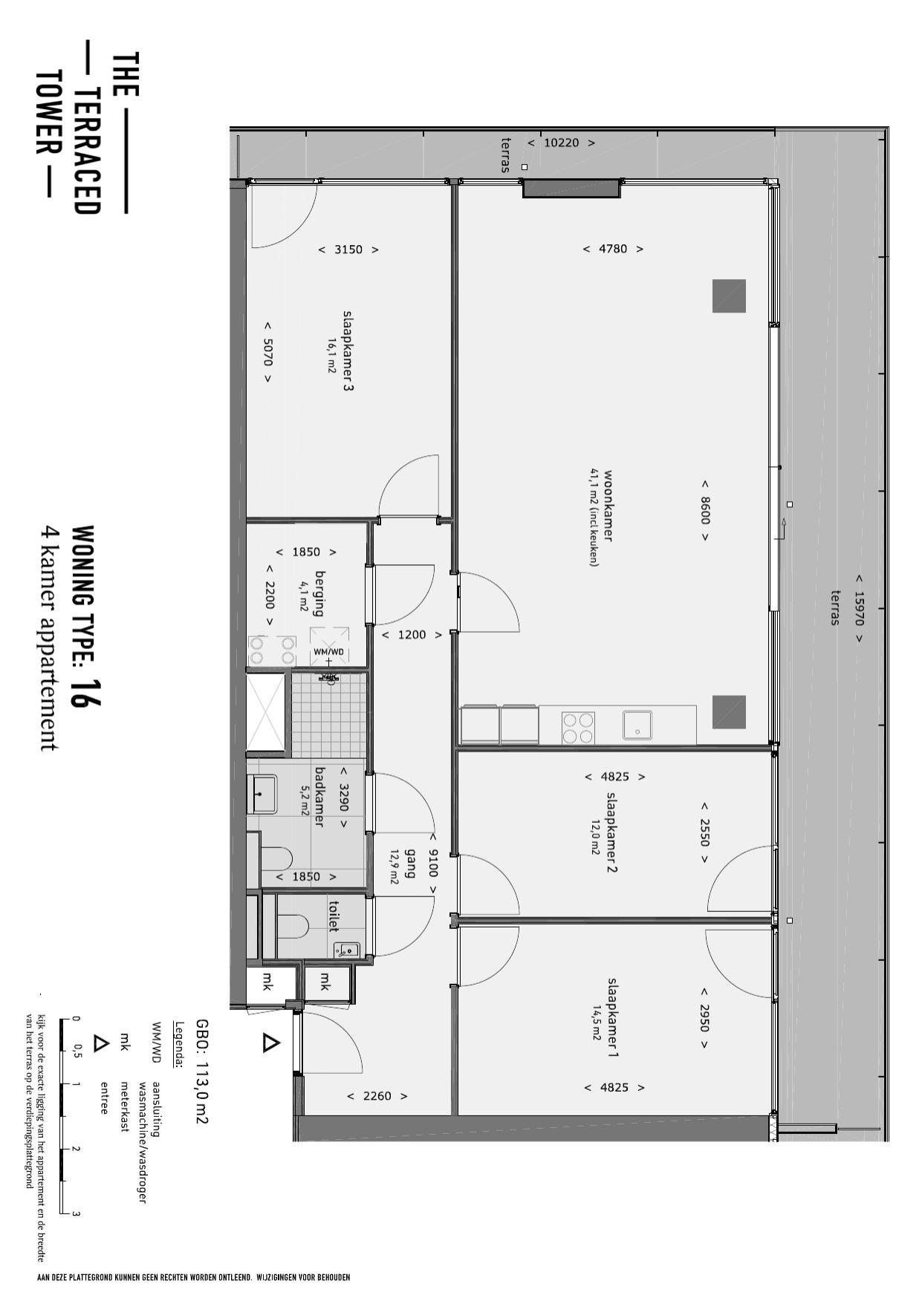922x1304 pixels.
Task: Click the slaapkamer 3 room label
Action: pyautogui.click(x=347, y=351)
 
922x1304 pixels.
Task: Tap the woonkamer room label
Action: pyautogui.click(x=608, y=505)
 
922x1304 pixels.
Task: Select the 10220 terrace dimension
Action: pyautogui.click(x=561, y=143)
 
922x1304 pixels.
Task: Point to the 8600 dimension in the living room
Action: pyautogui.click(x=704, y=510)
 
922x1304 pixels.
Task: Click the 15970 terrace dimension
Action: pyautogui.click(x=859, y=607)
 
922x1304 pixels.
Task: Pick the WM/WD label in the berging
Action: pyautogui.click(x=328, y=652)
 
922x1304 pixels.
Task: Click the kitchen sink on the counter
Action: pyautogui.click(x=637, y=726)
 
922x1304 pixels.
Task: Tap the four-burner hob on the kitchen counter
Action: pyautogui.click(x=578, y=728)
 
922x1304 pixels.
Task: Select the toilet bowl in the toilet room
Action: pyautogui.click(x=292, y=927)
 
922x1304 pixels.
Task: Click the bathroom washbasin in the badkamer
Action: pyautogui.click(x=262, y=794)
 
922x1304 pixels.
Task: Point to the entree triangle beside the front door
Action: pyautogui.click(x=270, y=1043)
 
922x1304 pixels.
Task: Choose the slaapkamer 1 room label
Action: pyautogui.click(x=613, y=1017)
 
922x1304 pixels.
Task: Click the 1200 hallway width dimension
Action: pyautogui.click(x=412, y=635)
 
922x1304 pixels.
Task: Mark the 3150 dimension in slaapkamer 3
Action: pyautogui.click(x=348, y=250)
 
